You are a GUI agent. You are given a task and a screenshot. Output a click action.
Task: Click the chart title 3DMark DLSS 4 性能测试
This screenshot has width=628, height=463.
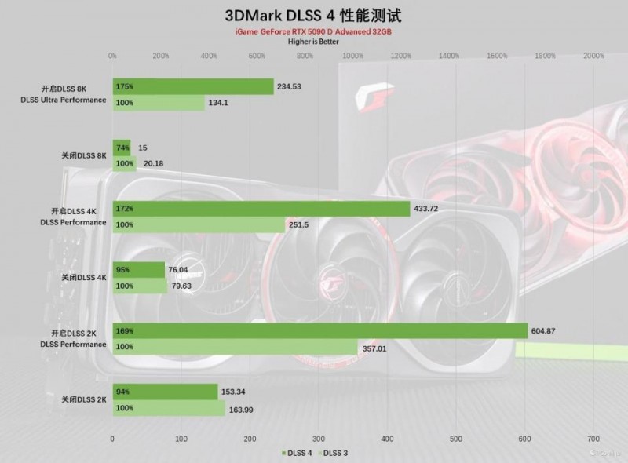[x=313, y=15]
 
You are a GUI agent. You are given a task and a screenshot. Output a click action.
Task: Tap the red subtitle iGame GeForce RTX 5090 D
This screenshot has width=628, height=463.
[x=313, y=31]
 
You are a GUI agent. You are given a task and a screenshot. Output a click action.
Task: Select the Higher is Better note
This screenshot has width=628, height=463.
[x=313, y=42]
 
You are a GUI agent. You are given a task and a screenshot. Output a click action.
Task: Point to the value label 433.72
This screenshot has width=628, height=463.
[x=430, y=209]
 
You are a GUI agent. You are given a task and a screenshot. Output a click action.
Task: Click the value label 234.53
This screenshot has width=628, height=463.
[x=294, y=86]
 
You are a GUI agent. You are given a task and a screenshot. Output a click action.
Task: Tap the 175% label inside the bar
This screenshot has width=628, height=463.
[x=123, y=86]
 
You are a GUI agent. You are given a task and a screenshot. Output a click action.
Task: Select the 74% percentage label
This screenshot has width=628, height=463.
[x=122, y=148]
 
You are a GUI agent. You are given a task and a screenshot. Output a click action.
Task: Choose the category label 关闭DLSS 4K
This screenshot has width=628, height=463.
[x=83, y=277]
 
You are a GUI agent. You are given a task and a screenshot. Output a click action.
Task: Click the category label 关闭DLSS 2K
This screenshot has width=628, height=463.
[x=83, y=399]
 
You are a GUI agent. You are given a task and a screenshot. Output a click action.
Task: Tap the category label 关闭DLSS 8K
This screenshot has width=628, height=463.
[x=83, y=155]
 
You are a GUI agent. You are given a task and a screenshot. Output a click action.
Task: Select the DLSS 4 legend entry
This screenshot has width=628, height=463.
[x=298, y=452]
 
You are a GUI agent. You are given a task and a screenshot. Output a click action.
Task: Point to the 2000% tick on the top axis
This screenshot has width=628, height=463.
[x=593, y=57]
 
